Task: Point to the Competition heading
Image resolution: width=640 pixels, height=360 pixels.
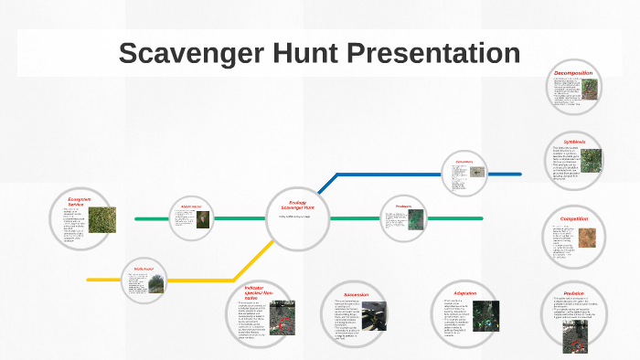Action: (x=574, y=219)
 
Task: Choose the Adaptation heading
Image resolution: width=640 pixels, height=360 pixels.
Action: (x=465, y=293)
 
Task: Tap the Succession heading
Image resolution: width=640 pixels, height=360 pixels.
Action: (x=356, y=295)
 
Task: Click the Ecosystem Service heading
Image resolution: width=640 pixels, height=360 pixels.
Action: (x=81, y=201)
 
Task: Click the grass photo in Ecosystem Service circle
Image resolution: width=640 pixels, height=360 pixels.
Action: (x=102, y=220)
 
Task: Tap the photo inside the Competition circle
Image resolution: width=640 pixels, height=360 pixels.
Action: (x=587, y=240)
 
